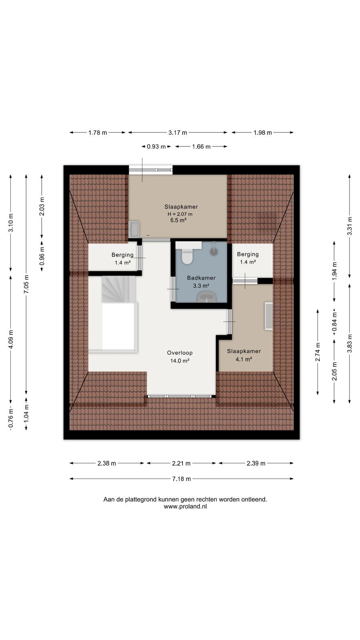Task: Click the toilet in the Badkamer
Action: [188, 255]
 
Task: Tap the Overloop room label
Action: [180, 353]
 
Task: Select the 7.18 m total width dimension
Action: [182, 478]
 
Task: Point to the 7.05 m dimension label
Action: [26, 284]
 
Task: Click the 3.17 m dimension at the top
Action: [178, 132]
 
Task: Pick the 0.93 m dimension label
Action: [156, 146]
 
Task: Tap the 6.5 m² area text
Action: [178, 220]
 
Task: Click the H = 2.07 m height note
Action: [180, 214]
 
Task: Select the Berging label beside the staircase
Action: [122, 254]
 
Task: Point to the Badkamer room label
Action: [201, 278]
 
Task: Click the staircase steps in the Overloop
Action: [118, 288]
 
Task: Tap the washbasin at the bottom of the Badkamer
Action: [207, 297]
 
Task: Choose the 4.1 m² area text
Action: [244, 360]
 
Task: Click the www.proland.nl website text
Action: [185, 506]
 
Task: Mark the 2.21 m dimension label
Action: [181, 463]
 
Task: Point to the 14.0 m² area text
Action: [180, 361]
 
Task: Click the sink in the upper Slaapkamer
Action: [134, 229]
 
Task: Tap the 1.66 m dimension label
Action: [201, 146]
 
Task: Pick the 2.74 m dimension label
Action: [318, 352]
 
